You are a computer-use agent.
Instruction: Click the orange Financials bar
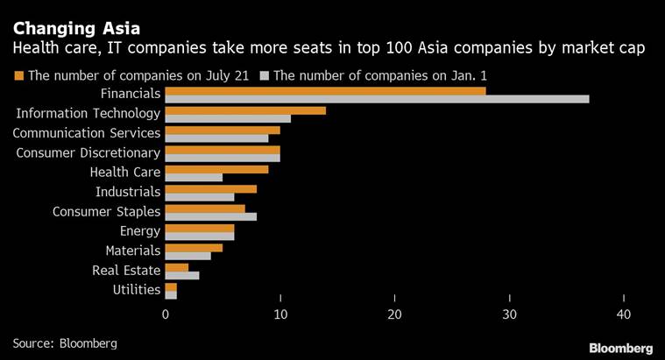click(325, 90)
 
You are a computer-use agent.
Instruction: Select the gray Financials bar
click(377, 99)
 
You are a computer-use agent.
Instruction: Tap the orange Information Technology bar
click(245, 110)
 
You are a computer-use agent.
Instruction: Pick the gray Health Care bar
click(194, 178)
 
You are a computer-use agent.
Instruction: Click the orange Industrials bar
click(210, 188)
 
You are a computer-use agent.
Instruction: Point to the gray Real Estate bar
click(182, 275)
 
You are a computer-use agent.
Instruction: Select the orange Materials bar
click(194, 247)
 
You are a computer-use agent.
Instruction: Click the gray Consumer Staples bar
click(210, 216)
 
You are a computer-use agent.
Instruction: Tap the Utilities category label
click(137, 290)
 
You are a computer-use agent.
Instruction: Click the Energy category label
click(140, 231)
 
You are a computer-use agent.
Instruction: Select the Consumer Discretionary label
click(88, 153)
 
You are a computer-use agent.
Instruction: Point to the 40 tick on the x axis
click(623, 313)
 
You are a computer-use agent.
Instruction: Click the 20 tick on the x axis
click(394, 313)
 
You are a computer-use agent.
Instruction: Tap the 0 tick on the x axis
click(166, 313)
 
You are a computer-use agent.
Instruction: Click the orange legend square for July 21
click(18, 75)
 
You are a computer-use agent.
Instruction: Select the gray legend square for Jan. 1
click(265, 75)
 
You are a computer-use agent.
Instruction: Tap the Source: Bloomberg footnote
click(64, 342)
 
